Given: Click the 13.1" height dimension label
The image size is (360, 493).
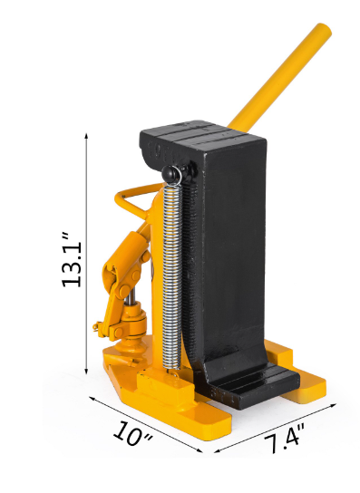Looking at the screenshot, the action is click(x=72, y=260).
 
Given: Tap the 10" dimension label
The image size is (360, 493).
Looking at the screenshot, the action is click(x=132, y=433).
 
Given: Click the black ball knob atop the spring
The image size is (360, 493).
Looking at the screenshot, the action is click(x=170, y=172).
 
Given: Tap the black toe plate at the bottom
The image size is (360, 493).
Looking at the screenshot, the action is click(x=252, y=387).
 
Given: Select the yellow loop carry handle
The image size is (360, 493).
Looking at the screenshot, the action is click(x=133, y=198).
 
